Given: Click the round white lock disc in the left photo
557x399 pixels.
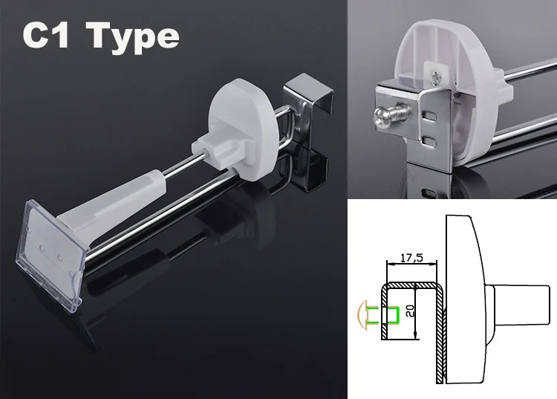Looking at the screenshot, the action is point(244,121).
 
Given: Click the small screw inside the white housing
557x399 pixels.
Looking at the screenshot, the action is point(435,78).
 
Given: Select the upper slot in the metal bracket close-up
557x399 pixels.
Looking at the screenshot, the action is point(430,116).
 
